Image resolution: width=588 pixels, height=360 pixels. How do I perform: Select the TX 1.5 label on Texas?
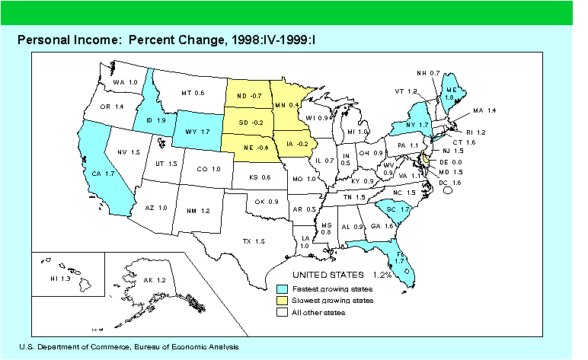(x=253, y=241)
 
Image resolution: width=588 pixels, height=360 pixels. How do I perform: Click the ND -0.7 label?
(x=249, y=97)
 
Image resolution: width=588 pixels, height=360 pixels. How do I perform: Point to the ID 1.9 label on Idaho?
(x=155, y=121)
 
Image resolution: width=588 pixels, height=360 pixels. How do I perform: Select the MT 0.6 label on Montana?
(x=193, y=93)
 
